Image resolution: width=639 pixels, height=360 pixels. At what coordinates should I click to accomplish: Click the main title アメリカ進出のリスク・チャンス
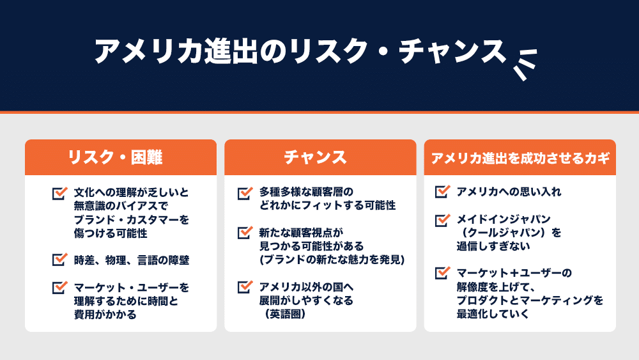[300, 51]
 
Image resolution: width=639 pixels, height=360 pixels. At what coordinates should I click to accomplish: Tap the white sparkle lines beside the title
[525, 65]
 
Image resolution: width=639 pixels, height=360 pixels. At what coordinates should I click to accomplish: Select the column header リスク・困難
[115, 157]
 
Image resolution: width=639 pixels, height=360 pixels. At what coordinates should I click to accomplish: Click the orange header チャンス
[315, 157]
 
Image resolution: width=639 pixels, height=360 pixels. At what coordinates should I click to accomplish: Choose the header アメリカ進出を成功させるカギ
[520, 158]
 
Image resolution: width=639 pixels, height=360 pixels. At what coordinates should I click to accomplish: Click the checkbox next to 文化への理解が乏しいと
[59, 192]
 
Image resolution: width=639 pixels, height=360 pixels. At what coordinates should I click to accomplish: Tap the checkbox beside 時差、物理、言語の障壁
[59, 259]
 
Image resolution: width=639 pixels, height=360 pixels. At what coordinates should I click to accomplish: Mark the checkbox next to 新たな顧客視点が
[245, 232]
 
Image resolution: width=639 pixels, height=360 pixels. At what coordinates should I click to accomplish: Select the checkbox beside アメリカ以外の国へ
[245, 286]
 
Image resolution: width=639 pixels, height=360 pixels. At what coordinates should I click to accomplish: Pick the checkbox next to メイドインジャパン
[442, 219]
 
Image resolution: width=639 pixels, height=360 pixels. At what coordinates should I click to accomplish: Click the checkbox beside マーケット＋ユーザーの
[442, 272]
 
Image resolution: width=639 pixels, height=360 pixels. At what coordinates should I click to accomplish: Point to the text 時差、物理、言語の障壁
[131, 260]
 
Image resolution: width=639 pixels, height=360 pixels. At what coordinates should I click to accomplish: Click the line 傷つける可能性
[111, 233]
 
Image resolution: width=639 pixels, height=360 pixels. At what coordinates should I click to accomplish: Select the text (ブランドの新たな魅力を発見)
[332, 260]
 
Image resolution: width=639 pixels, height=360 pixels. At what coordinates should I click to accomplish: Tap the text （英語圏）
[285, 314]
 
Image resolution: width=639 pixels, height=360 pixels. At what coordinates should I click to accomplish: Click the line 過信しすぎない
[493, 246]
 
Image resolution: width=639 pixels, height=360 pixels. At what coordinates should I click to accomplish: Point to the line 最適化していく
[492, 313]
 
